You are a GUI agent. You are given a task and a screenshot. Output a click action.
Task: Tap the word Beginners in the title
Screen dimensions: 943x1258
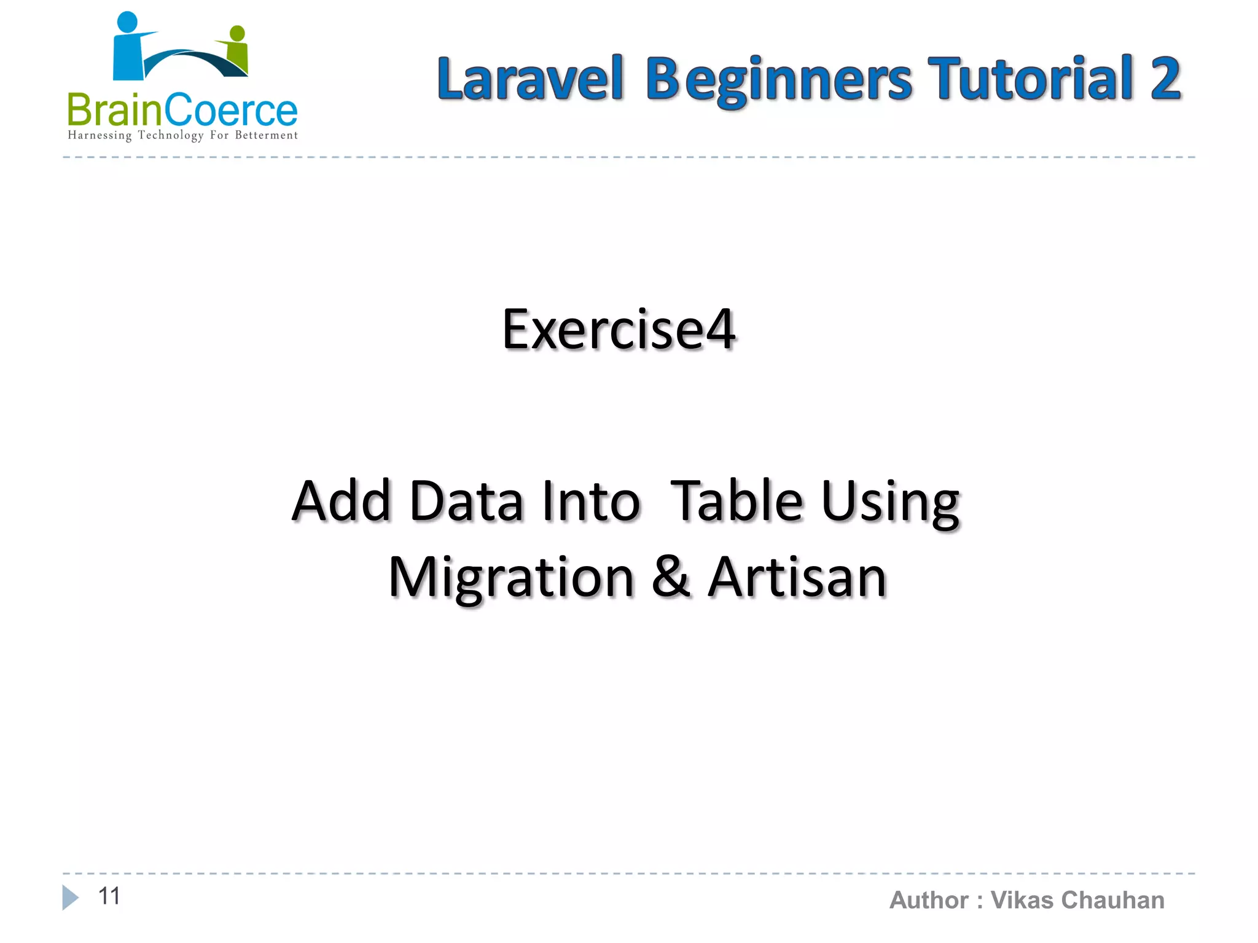point(779,80)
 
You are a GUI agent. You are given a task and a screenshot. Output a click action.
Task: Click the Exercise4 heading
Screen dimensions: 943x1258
point(619,330)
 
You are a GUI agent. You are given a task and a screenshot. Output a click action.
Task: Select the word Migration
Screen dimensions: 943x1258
point(511,578)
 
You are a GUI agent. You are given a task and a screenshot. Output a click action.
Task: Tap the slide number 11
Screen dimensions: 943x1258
point(109,896)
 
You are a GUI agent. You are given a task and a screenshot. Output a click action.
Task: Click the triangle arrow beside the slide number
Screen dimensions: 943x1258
point(70,898)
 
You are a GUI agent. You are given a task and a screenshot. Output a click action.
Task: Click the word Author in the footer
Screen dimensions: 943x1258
point(929,900)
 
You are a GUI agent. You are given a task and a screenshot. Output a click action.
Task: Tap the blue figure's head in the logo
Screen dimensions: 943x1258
point(127,21)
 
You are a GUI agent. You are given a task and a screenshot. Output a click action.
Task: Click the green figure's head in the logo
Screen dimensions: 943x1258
point(237,33)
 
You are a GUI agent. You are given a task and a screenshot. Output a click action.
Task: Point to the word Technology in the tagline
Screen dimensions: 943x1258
point(170,135)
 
